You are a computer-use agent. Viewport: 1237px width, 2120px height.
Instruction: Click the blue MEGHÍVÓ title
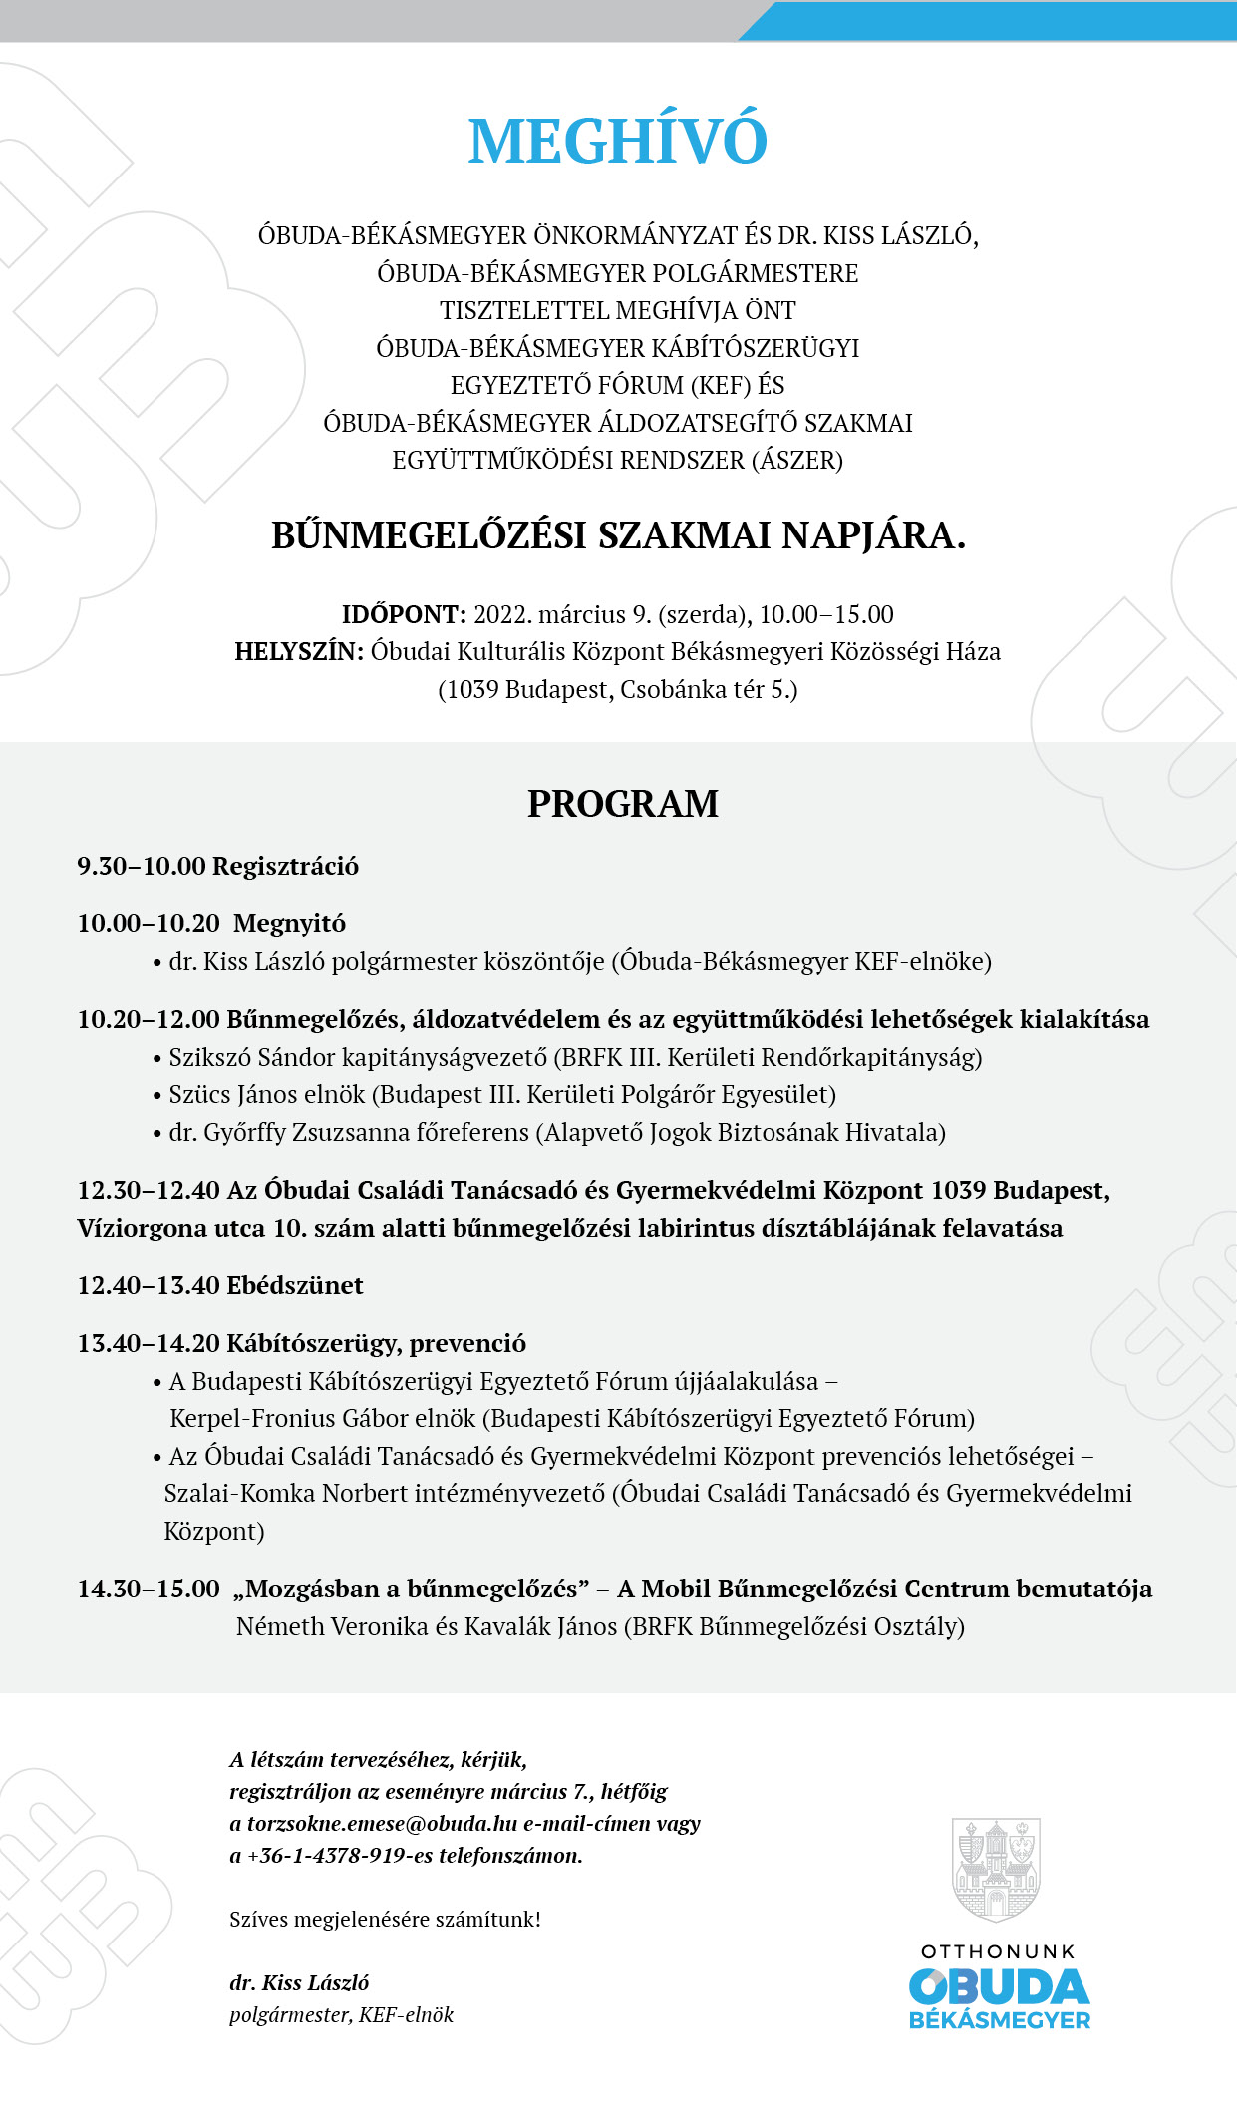pos(618,142)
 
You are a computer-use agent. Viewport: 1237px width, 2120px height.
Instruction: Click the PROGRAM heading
pos(623,804)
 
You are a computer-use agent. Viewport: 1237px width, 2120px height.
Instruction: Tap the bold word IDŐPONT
pos(404,614)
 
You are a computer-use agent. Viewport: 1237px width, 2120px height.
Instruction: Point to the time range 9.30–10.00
pos(142,866)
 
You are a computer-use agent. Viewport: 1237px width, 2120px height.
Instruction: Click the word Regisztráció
pos(286,866)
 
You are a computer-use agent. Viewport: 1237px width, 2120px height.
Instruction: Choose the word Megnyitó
pos(290,923)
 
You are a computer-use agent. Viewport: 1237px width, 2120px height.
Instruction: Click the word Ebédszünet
pos(295,1285)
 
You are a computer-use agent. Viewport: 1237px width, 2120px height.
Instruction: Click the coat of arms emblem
pos(996,1869)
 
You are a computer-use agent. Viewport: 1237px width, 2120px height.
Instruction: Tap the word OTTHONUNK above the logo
pos(998,1951)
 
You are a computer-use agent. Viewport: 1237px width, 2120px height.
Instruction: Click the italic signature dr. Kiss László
pos(299,1982)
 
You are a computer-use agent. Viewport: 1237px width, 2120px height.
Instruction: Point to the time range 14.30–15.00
pos(149,1589)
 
